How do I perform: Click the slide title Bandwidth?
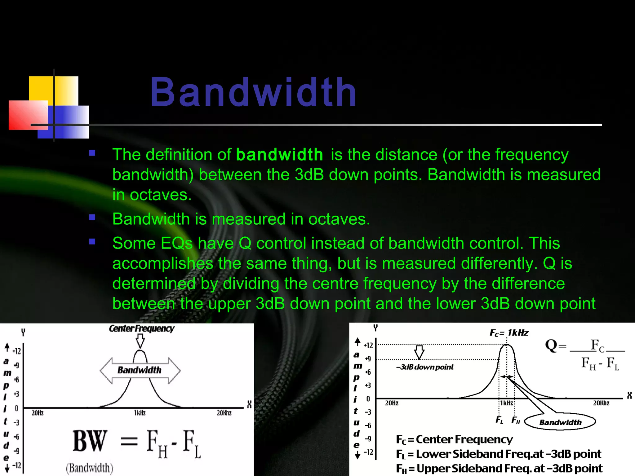[253, 92]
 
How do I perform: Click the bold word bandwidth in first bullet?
[279, 155]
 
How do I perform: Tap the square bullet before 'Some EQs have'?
[92, 241]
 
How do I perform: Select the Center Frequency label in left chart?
[141, 328]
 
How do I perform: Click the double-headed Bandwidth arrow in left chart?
[140, 370]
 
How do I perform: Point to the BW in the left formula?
[90, 441]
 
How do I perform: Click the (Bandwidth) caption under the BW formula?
[90, 468]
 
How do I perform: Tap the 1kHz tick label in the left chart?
[140, 413]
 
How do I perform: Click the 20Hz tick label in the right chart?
[392, 403]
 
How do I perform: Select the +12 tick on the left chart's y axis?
[17, 351]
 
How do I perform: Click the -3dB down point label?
[425, 367]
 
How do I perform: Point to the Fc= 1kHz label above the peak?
[509, 333]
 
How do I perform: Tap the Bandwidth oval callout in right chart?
[560, 422]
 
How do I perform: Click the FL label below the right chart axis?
[499, 420]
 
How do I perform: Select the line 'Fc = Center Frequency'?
[454, 439]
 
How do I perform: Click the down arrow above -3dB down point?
[419, 352]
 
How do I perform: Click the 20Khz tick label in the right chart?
[601, 403]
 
